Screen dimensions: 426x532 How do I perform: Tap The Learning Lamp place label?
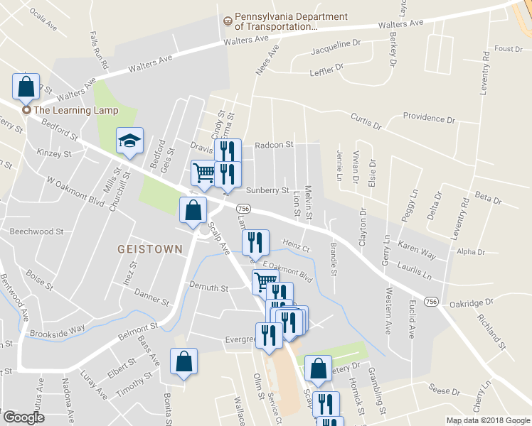click(x=75, y=110)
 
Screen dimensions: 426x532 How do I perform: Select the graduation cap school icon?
click(x=129, y=141)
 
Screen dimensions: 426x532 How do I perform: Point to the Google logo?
click(x=23, y=417)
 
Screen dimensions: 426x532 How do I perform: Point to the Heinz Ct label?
click(x=297, y=248)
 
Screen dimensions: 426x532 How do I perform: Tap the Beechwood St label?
click(x=36, y=231)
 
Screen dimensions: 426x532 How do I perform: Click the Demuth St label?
click(x=208, y=288)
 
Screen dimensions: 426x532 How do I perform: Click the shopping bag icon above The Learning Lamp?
click(x=26, y=87)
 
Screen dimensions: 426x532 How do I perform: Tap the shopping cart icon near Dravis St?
click(x=203, y=173)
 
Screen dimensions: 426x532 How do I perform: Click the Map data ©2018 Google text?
click(x=488, y=420)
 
